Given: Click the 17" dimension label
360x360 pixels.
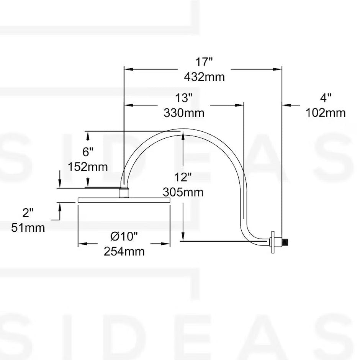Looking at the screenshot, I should point(204,62).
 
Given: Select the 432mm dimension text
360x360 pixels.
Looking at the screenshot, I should point(204,77).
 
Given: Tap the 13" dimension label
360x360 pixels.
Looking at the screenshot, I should point(183,98).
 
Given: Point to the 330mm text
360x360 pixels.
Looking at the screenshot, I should point(183,113).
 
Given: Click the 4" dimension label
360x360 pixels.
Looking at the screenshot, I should point(325,98).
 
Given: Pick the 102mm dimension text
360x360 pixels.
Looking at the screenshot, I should point(325,113).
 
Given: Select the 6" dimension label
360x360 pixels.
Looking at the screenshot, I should point(88,152).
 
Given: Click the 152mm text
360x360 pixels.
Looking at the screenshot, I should point(88,167).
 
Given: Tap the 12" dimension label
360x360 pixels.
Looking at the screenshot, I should point(183,177).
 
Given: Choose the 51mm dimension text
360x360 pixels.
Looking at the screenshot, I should point(28,227).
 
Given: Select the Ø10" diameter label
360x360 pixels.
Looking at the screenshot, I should point(124,237).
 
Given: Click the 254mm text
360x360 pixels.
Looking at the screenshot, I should point(124,252).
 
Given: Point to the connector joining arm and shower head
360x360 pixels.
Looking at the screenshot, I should point(124,192).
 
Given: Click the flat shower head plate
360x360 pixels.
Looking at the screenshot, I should point(124,200).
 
